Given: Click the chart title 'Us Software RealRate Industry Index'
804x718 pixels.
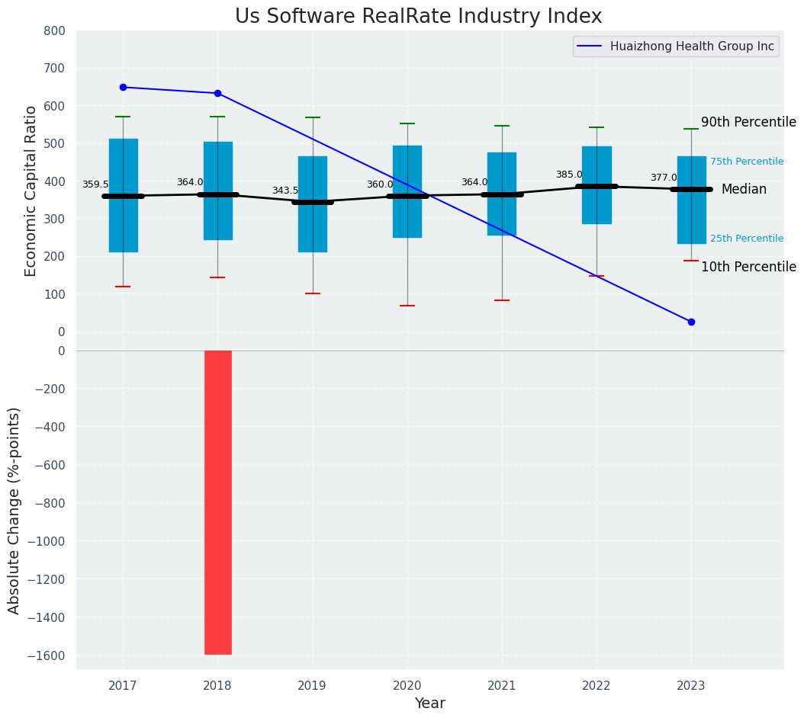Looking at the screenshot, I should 418,17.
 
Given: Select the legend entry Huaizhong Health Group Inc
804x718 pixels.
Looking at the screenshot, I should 691,46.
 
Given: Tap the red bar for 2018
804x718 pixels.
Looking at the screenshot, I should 217,502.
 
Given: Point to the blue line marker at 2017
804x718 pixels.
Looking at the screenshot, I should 123,87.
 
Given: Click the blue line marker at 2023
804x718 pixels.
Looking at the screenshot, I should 691,322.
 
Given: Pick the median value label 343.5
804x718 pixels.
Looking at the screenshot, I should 285,191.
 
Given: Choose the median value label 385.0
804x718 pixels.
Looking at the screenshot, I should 569,175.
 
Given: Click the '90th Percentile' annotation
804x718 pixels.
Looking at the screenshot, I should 748,123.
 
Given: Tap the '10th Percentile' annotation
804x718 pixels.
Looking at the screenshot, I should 748,267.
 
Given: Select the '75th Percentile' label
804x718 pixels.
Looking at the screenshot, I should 747,162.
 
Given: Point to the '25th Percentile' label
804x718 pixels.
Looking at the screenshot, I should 747,239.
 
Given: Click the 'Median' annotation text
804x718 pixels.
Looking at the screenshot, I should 744,189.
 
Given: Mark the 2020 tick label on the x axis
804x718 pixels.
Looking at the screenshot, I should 407,685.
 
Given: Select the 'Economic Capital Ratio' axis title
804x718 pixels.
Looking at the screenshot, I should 31,191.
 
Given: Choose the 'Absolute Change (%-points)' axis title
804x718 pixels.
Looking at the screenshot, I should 14,510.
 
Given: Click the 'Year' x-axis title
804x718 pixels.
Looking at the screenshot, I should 429,704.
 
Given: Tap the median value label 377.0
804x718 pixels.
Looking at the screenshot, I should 664,178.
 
